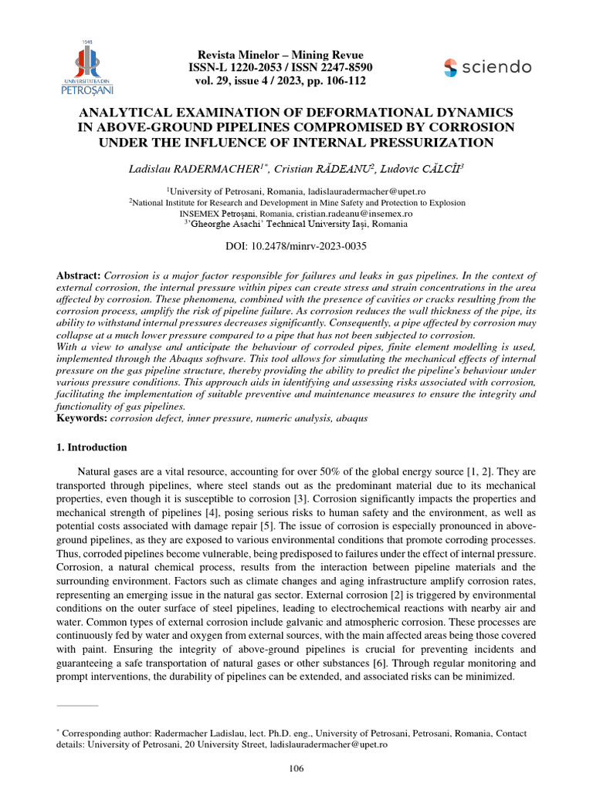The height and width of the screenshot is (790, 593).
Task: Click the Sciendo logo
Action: pyautogui.click(x=487, y=67)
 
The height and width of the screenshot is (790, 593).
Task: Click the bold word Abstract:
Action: pyautogui.click(x=79, y=275)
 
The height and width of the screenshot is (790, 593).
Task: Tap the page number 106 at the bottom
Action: pyautogui.click(x=296, y=768)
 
